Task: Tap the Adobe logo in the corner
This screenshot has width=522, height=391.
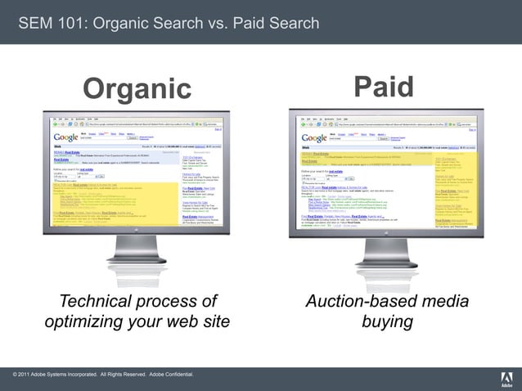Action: [506, 377]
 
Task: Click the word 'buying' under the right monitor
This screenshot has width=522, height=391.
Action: [387, 321]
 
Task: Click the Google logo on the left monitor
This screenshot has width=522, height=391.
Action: [65, 137]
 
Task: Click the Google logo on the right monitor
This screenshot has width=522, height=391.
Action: [314, 138]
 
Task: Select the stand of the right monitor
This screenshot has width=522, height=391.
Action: [385, 256]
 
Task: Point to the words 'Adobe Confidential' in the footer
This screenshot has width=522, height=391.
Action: [172, 375]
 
